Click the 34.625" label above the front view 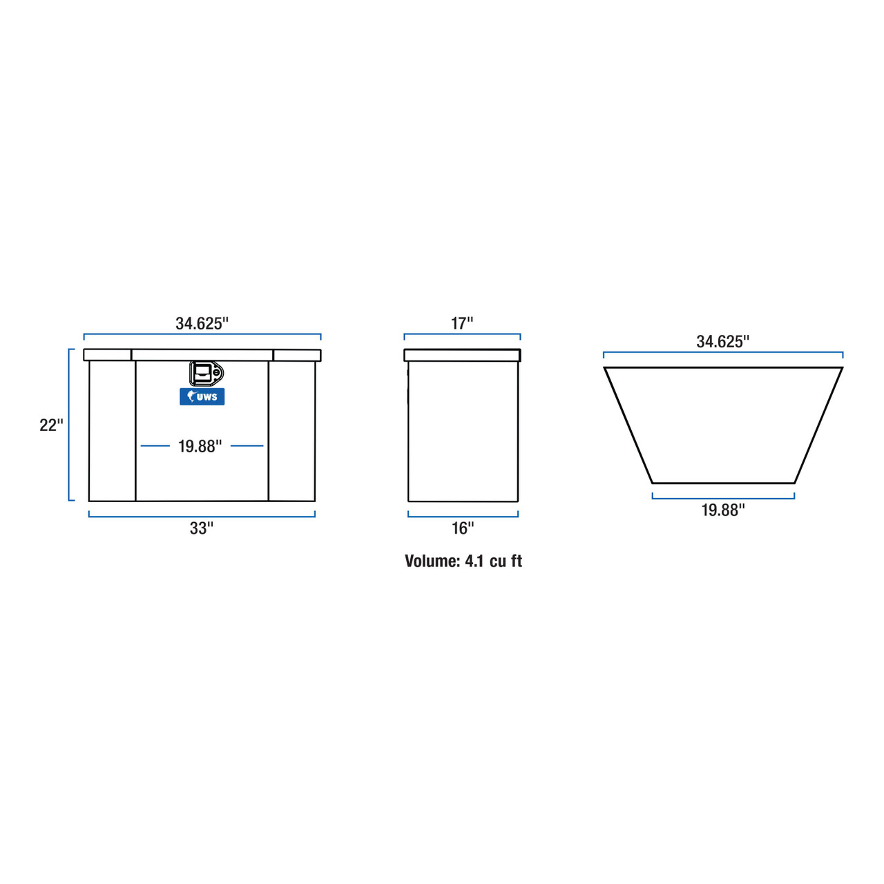coord(202,323)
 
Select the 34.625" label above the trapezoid coord(722,341)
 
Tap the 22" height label coord(51,425)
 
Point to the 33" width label coord(202,528)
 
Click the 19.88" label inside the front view coord(200,446)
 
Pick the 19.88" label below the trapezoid coord(723,510)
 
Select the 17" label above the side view coord(462,323)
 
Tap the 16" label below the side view coord(463,528)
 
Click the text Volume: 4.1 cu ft coord(463,561)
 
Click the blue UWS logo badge coord(202,396)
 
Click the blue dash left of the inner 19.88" coord(155,446)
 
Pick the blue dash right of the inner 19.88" coord(247,446)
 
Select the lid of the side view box coord(462,355)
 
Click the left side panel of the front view coord(112,432)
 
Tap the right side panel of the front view coord(291,432)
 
